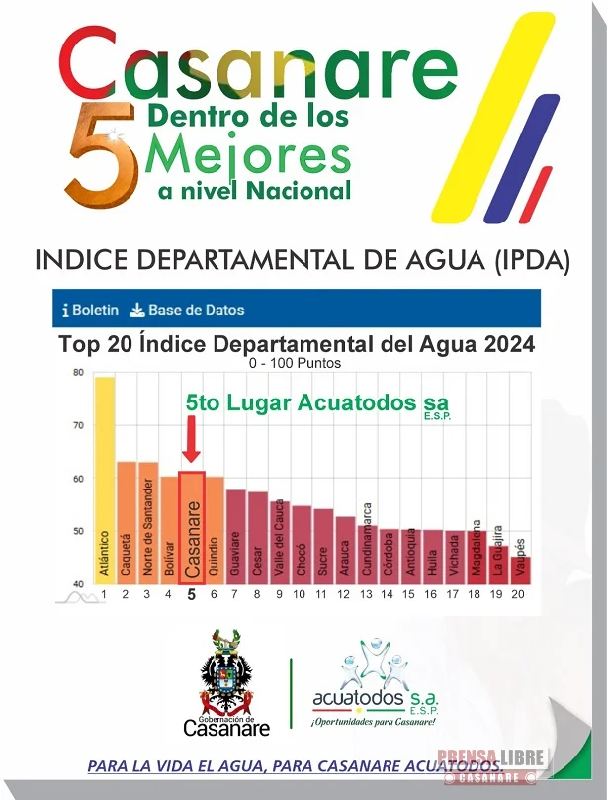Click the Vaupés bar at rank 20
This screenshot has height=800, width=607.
pos(522,571)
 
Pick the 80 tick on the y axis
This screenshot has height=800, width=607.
pos(77,373)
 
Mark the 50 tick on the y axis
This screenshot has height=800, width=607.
pos(77,532)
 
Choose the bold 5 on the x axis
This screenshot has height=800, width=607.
pos(191,595)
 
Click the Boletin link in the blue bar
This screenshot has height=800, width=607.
pos(90,310)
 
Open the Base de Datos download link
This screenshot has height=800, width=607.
pos(187,310)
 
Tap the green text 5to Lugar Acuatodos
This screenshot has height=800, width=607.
pos(316,403)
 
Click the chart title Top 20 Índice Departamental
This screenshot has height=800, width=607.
pos(297,345)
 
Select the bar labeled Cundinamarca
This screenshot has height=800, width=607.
pos(367,555)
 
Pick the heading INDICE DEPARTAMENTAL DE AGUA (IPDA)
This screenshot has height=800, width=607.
pos(303,260)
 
